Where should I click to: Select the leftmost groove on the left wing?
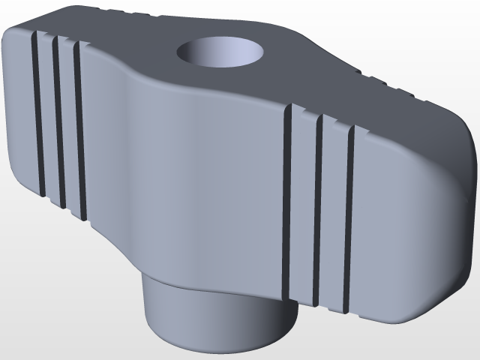[37, 112]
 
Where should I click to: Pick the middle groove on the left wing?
[58, 120]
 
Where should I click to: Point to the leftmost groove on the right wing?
[286, 202]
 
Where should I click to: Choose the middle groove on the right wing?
[317, 210]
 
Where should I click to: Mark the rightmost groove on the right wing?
[348, 217]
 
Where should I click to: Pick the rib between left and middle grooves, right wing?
[302, 206]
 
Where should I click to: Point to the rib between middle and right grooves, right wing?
[333, 214]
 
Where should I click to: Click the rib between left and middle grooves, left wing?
[47, 116]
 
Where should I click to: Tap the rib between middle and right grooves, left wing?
[68, 126]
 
